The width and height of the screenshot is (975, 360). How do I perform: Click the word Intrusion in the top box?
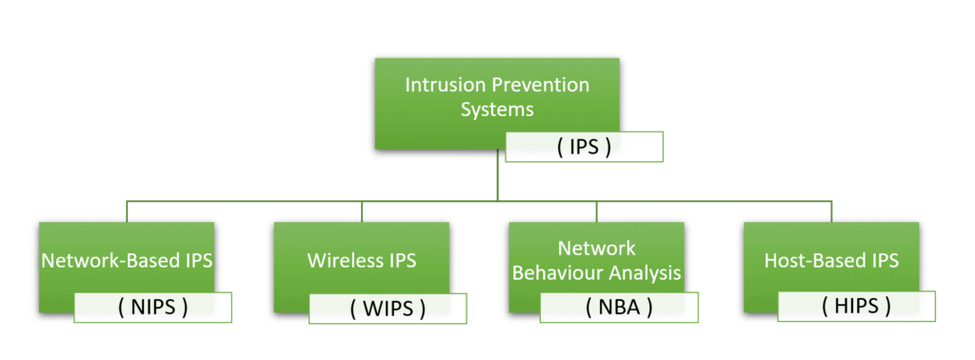pos(440,85)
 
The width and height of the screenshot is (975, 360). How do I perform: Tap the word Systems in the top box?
pos(497,110)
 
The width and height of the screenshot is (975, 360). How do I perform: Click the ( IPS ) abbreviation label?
pos(584,148)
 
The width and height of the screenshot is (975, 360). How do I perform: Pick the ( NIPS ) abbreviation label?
pos(152,308)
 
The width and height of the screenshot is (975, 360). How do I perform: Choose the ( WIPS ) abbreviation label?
pos(388,308)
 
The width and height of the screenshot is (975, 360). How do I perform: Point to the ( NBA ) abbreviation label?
pos(619,308)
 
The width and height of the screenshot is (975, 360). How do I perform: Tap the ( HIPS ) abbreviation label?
pos(856,306)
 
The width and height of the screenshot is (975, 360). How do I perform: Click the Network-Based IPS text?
pos(127,261)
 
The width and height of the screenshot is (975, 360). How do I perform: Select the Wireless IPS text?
pos(361,261)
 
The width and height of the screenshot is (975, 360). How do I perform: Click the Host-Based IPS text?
pos(831,261)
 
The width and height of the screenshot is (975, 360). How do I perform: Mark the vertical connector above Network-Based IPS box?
pos(127,211)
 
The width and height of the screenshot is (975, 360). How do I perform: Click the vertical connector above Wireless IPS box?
pos(362,211)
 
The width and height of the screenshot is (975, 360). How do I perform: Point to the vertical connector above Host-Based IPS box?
pos(831,211)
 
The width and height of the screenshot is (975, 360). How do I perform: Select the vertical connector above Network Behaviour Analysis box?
pos(596,211)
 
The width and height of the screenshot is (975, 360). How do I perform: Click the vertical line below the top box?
pos(497,175)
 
